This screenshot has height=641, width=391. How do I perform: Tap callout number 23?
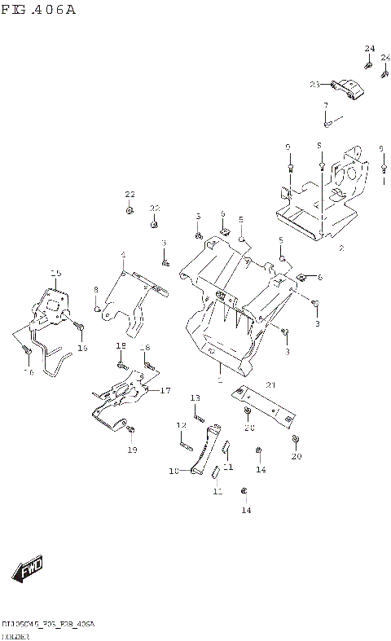click(x=314, y=84)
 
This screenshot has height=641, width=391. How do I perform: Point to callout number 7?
click(x=325, y=106)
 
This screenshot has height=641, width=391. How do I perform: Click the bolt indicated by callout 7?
click(x=327, y=123)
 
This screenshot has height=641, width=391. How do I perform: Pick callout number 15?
click(x=55, y=273)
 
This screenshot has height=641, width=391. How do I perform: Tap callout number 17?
click(x=165, y=390)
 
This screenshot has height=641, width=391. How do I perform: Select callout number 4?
click(x=123, y=255)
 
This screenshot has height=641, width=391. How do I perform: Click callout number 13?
click(x=195, y=397)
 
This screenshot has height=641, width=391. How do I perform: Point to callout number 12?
click(x=182, y=425)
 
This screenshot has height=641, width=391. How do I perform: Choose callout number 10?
click(x=173, y=471)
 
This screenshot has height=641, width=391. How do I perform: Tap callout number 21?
click(x=271, y=385)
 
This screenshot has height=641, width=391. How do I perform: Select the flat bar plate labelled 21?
click(x=261, y=404)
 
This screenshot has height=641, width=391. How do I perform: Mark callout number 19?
click(x=132, y=450)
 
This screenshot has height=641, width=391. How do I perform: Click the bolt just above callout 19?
click(x=133, y=430)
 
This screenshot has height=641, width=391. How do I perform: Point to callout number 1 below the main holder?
click(x=219, y=380)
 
